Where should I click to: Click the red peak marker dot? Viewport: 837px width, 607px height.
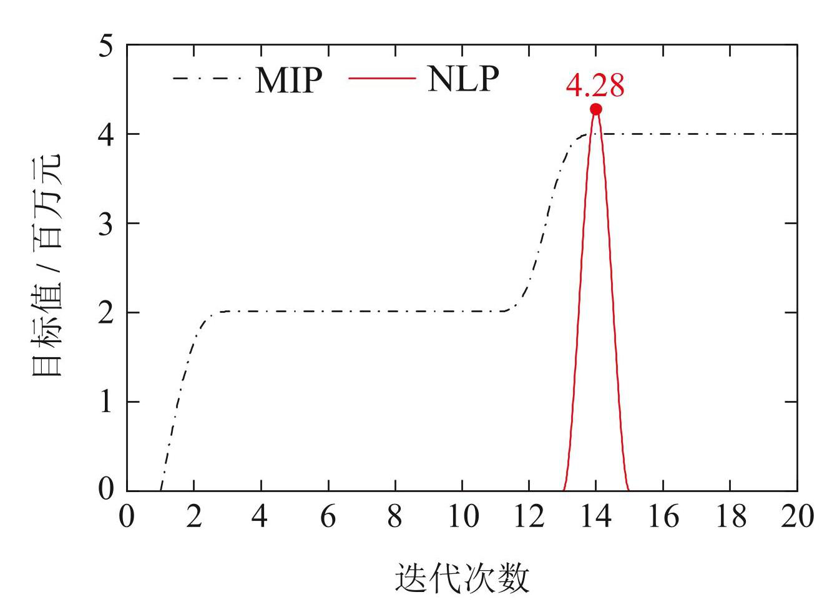pos(595,109)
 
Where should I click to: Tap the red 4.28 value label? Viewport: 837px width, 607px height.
pos(595,86)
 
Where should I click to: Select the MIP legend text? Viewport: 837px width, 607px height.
pos(288,79)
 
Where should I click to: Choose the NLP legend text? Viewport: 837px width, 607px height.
pos(463,79)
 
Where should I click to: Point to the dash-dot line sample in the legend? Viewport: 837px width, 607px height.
pos(207,79)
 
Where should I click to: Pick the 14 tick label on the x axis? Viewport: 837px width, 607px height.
pos(595,517)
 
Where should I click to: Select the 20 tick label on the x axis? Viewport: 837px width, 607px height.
pos(796,517)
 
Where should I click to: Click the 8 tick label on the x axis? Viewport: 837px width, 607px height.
pos(394,517)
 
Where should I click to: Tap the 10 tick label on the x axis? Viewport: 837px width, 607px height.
pos(461,517)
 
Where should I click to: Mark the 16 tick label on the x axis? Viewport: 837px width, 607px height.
pos(663,517)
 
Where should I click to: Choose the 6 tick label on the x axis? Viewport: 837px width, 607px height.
pos(328,517)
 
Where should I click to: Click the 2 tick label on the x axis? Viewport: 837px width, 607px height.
pos(194,517)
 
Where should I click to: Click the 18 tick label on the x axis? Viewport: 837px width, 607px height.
pos(730,517)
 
